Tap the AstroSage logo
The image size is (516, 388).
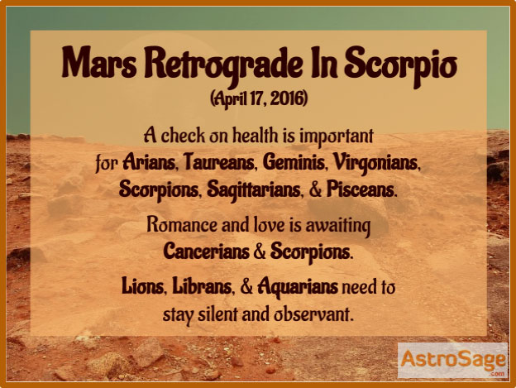(452, 360)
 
